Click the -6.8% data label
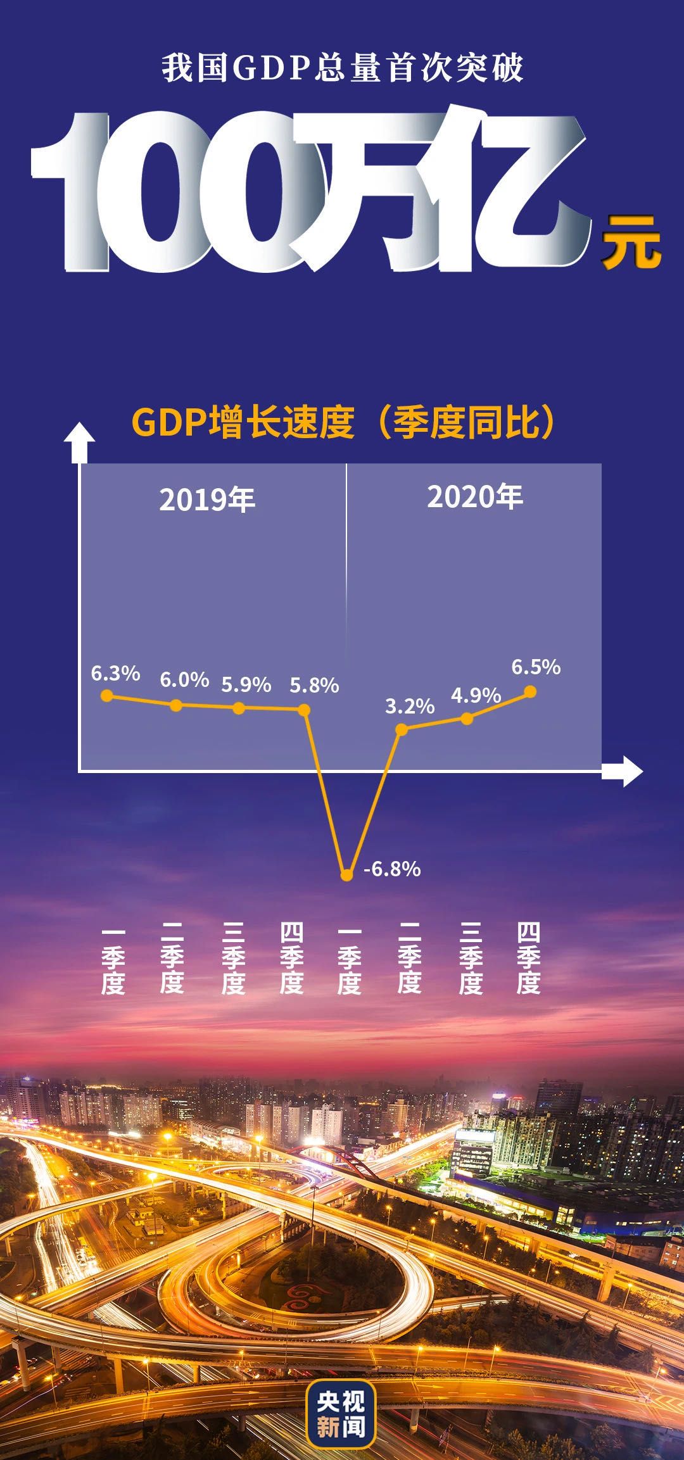click(392, 869)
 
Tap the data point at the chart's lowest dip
click(346, 875)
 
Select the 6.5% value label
click(536, 667)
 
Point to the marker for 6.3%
click(107, 696)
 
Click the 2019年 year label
click(207, 500)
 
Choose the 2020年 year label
click(475, 497)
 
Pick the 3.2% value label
click(410, 706)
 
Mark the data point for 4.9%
click(467, 719)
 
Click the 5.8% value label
click(314, 685)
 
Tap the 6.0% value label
click(184, 679)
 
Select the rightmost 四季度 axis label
click(528, 959)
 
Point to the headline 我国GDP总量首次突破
click(342, 68)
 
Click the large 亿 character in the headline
click(513, 190)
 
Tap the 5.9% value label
click(246, 684)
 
